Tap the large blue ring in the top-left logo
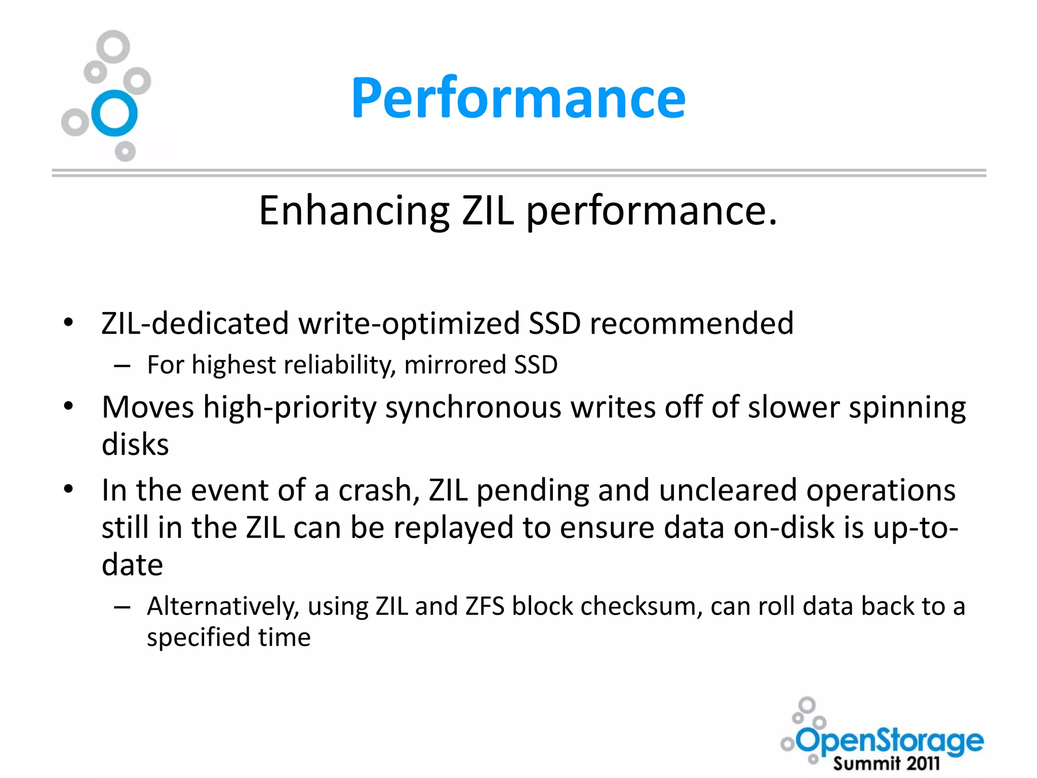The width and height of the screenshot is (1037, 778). pos(114,113)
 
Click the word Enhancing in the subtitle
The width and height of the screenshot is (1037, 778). pos(354,210)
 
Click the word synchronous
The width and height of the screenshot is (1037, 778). pos(473,408)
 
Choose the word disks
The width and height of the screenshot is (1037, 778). pos(135,445)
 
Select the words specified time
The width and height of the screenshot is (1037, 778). pos(228,637)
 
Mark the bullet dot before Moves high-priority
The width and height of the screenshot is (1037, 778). pos(69,406)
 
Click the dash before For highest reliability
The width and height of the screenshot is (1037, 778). pos(123,365)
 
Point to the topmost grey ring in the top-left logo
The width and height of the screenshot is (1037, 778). pos(113,47)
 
